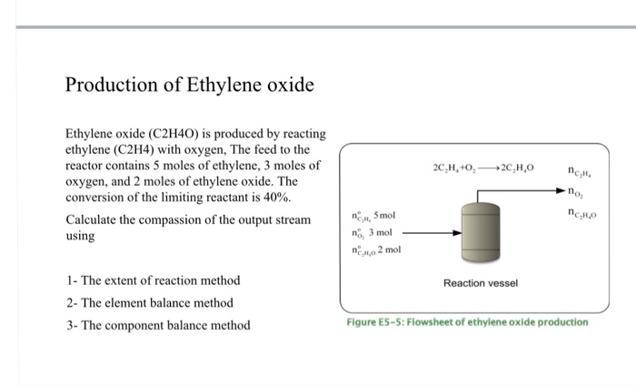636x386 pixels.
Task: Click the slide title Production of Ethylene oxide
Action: [x=189, y=86]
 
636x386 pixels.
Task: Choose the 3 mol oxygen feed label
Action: [x=373, y=233]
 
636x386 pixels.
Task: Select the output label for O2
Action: [x=577, y=192]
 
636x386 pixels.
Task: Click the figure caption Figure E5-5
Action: [x=467, y=321]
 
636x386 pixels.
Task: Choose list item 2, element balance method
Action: [x=150, y=302]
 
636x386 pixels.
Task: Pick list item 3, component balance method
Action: [x=158, y=325]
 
